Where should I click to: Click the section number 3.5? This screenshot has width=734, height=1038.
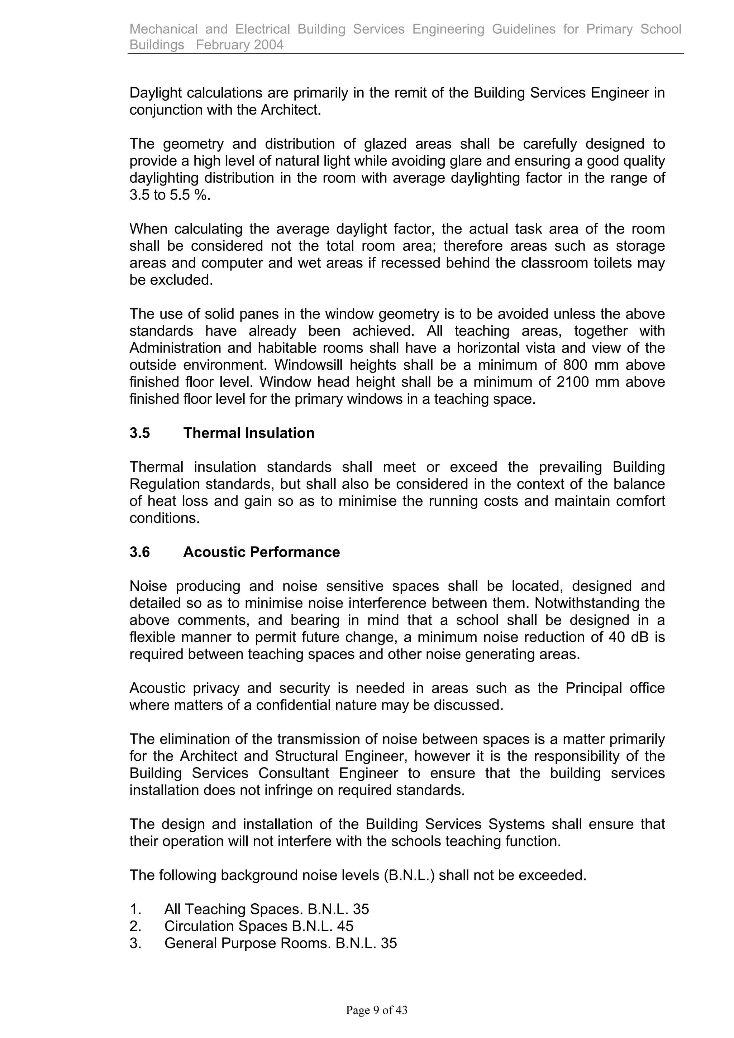[x=139, y=433]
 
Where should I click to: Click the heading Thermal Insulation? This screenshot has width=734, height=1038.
[x=248, y=433]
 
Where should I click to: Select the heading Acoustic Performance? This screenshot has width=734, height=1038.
[x=261, y=552]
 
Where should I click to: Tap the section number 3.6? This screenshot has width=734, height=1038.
[x=139, y=552]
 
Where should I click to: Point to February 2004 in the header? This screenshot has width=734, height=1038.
[x=240, y=45]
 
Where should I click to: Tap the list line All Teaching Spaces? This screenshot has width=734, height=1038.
[x=266, y=909]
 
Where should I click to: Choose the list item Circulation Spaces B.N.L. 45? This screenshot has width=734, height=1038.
[x=258, y=926]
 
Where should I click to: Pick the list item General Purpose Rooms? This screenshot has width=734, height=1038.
[x=280, y=943]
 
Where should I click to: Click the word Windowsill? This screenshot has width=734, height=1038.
[x=308, y=365]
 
